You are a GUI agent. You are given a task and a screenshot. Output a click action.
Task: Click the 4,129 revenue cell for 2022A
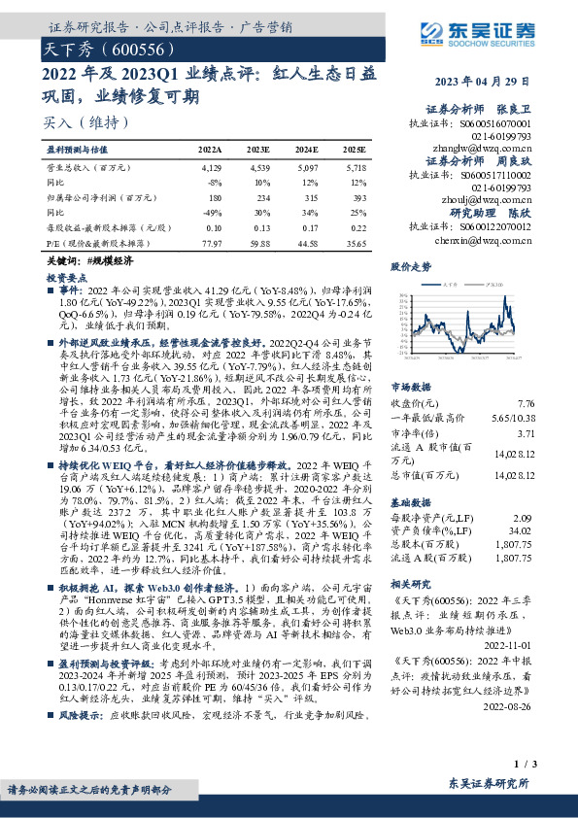[210, 169]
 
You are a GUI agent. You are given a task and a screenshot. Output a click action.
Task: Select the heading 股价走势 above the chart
[410, 265]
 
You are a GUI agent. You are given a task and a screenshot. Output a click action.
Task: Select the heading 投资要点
[66, 276]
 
